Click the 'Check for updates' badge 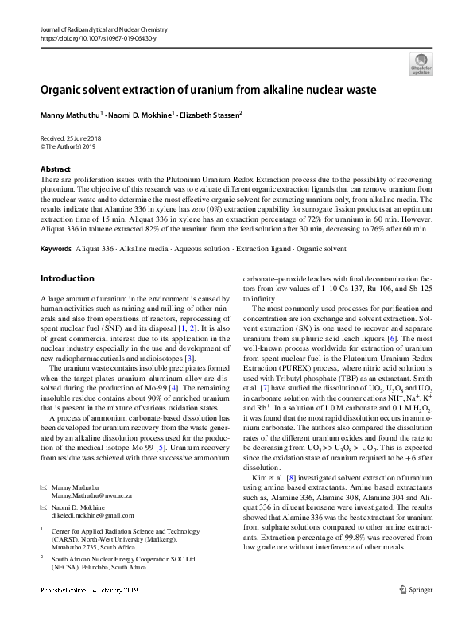pos(421,64)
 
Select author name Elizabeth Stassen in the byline pos(207,115)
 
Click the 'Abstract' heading pos(55,170)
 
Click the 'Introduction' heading pos(67,279)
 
